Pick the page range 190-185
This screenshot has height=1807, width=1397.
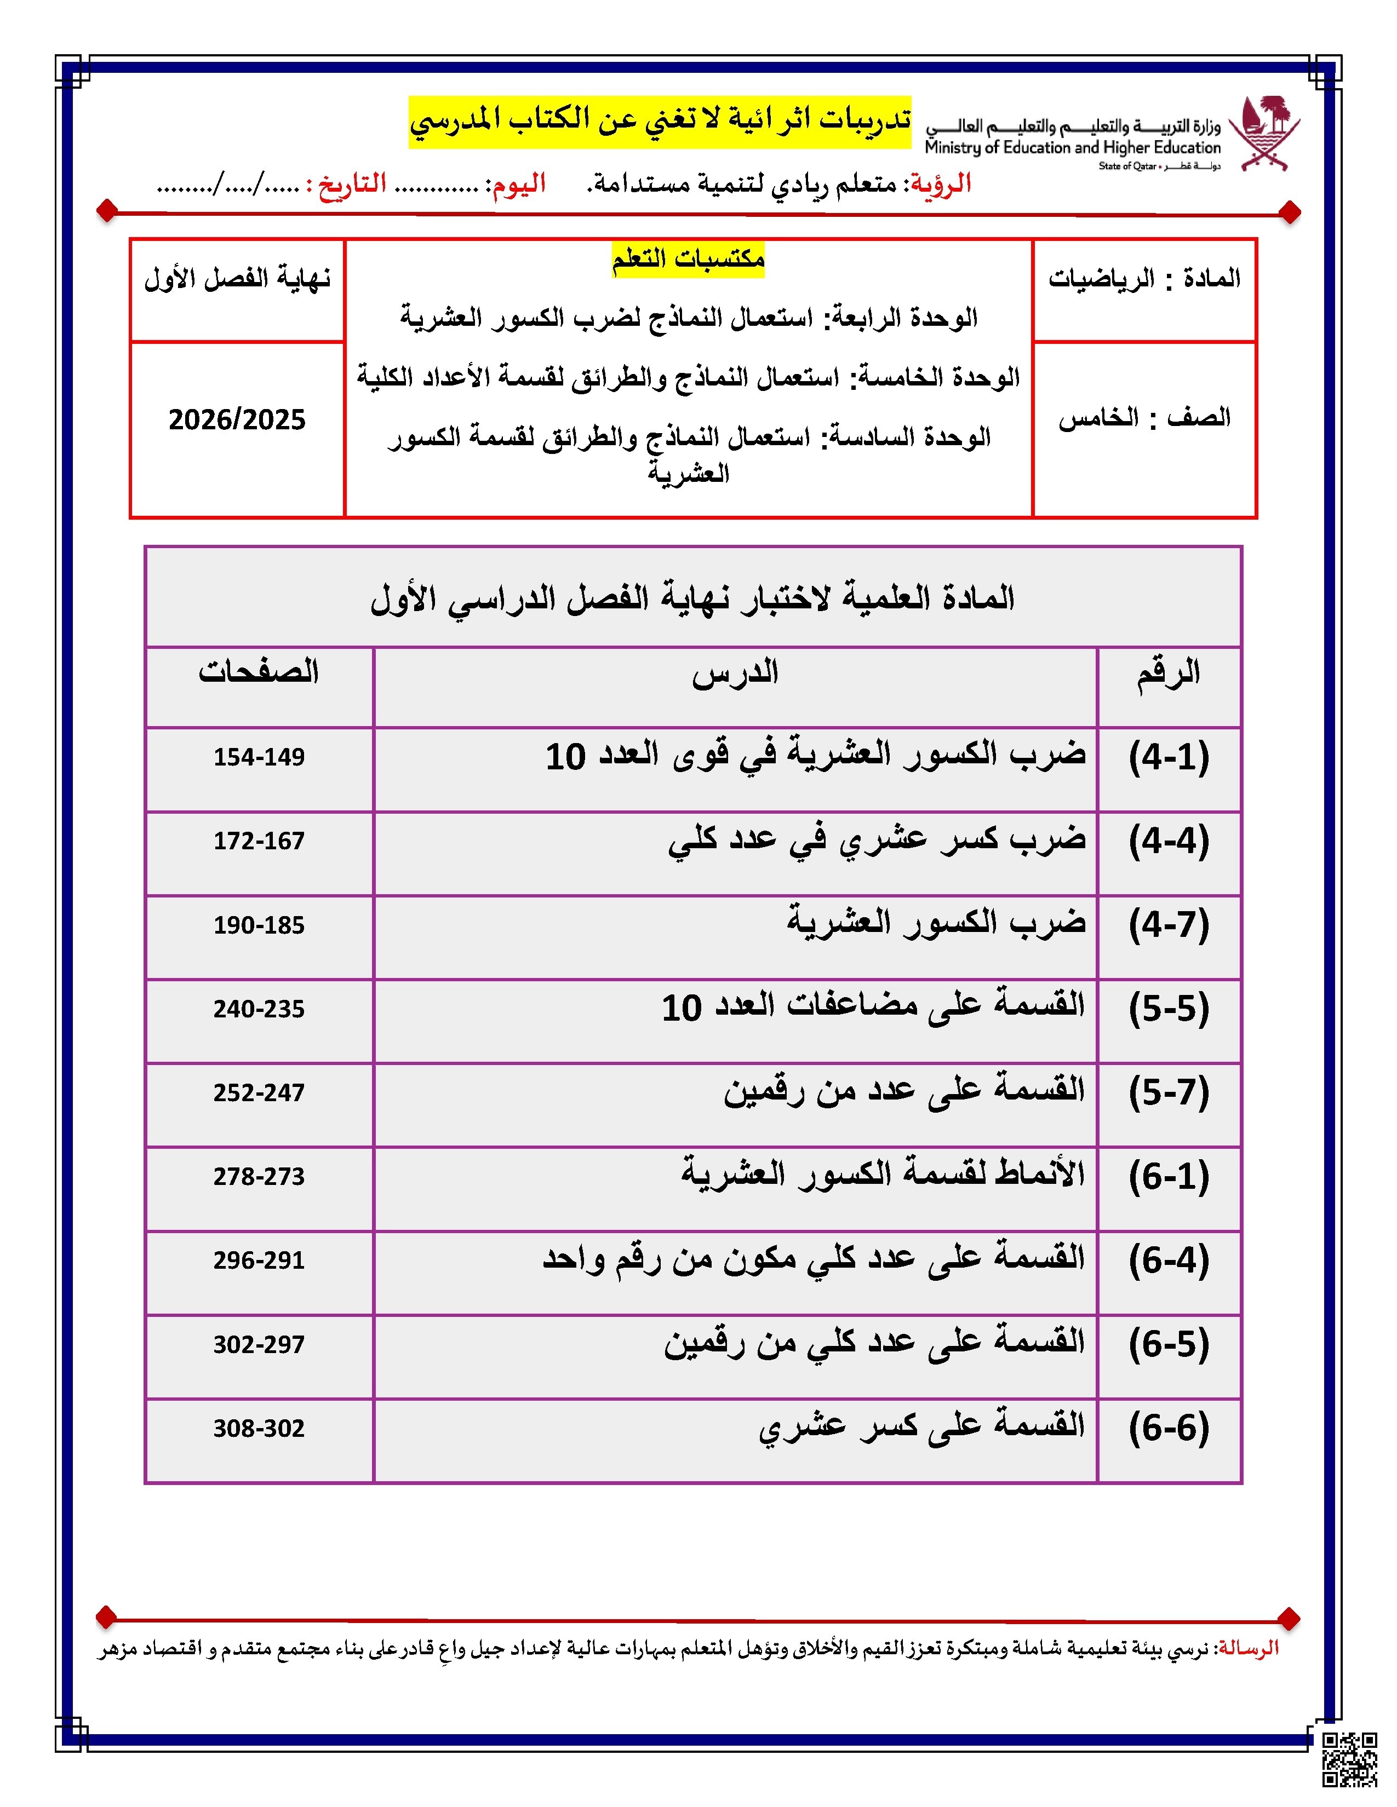coord(259,925)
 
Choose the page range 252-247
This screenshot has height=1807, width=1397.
coord(259,1093)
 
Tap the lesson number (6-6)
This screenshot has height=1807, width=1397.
coord(1169,1428)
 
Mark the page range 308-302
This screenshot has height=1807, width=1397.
coord(259,1429)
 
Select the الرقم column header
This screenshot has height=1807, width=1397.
coord(1168,672)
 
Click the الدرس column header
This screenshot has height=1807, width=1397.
coord(735,672)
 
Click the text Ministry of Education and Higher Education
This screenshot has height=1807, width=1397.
coord(1073,148)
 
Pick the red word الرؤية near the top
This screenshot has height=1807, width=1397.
coord(940,183)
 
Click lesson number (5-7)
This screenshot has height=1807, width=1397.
coord(1169,1093)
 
